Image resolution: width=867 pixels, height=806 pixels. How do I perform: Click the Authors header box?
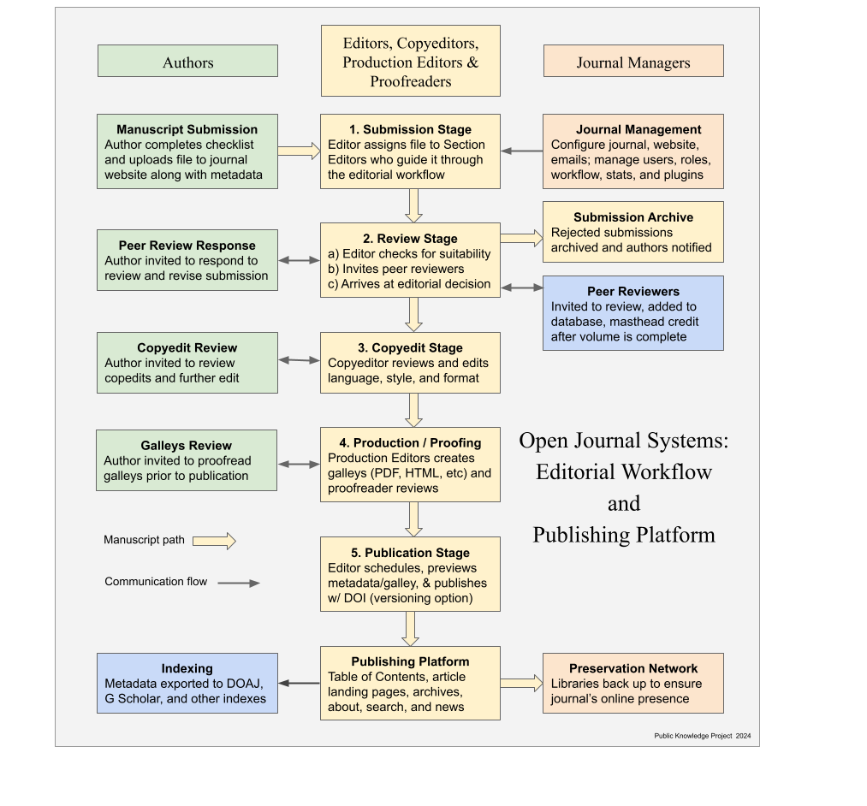point(187,62)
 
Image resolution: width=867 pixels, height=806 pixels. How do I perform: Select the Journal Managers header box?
point(633,62)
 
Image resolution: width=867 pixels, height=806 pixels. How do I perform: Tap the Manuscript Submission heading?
point(187,130)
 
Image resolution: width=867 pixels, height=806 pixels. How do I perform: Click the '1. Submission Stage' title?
point(410,130)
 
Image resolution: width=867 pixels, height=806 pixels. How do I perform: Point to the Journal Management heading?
point(638,130)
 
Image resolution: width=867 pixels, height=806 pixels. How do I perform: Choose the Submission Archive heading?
point(633,217)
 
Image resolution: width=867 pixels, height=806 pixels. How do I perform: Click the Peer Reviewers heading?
point(633,292)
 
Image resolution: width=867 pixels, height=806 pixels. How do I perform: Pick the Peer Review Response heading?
point(187,246)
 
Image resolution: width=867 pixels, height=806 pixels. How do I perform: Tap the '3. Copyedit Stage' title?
point(410,348)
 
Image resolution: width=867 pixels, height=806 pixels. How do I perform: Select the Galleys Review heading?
point(186,446)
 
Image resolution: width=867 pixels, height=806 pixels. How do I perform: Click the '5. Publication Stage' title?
point(410,553)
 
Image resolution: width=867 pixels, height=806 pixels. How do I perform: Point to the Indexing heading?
point(187,668)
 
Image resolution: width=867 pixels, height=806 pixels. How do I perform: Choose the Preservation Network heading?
point(633,668)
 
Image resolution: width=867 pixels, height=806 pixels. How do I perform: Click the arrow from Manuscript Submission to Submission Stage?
point(299,151)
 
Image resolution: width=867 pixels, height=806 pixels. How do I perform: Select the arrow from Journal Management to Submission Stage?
point(521,151)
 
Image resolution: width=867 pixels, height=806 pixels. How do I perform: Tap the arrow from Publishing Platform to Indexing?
point(299,683)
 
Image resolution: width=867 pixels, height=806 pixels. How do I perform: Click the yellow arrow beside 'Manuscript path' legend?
point(214,541)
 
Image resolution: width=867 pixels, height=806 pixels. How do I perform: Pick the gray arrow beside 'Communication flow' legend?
point(239,583)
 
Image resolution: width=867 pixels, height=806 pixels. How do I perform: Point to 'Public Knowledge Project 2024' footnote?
point(702,736)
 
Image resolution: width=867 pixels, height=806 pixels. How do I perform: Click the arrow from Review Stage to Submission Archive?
point(521,238)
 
